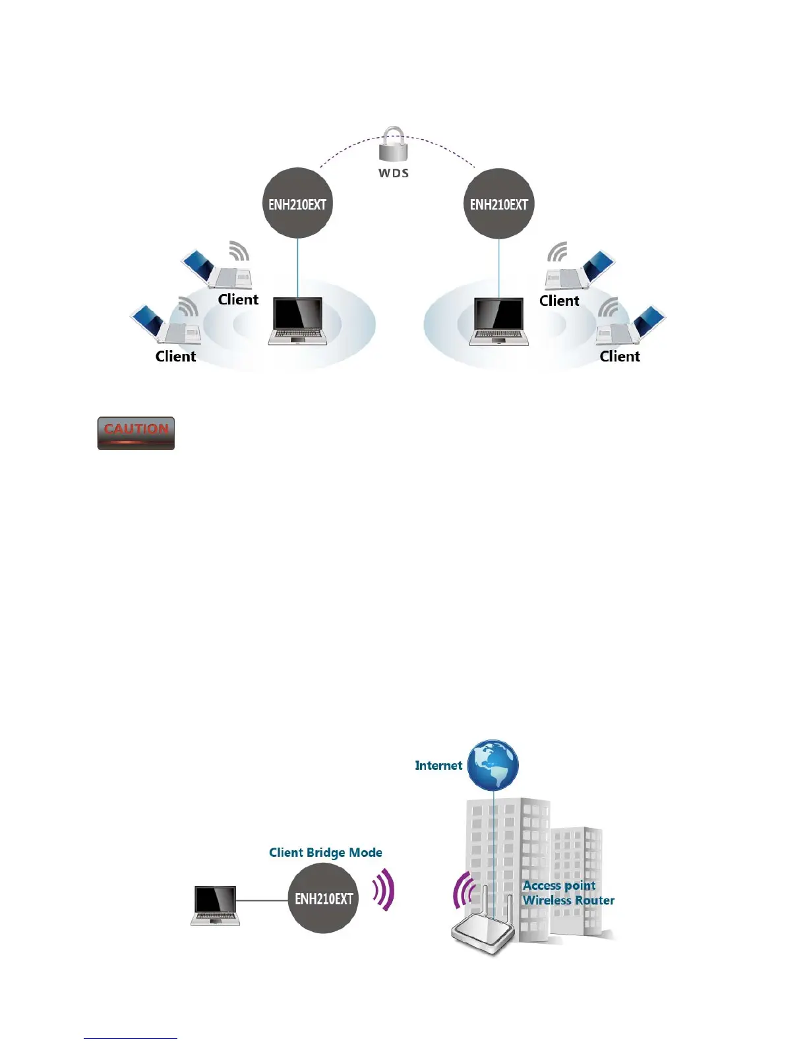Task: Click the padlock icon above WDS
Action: [x=393, y=144]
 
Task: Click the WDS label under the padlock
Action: [x=394, y=173]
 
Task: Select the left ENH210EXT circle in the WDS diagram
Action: [x=297, y=204]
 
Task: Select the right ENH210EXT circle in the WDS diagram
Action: [x=499, y=204]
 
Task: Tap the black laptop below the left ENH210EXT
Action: [x=298, y=321]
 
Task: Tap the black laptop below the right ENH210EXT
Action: [x=499, y=321]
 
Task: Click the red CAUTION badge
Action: [x=136, y=433]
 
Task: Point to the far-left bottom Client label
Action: [x=175, y=357]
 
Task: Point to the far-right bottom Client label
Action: [x=620, y=357]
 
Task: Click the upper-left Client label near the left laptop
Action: [x=238, y=300]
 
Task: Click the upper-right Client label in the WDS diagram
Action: [x=559, y=301]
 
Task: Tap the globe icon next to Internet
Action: [x=493, y=765]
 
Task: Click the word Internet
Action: [x=438, y=765]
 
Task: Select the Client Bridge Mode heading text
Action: [x=326, y=852]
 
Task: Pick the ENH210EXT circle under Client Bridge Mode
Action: [x=323, y=898]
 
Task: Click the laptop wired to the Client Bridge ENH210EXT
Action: [x=215, y=906]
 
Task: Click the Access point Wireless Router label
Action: [x=568, y=893]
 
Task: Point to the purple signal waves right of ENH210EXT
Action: [x=384, y=890]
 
